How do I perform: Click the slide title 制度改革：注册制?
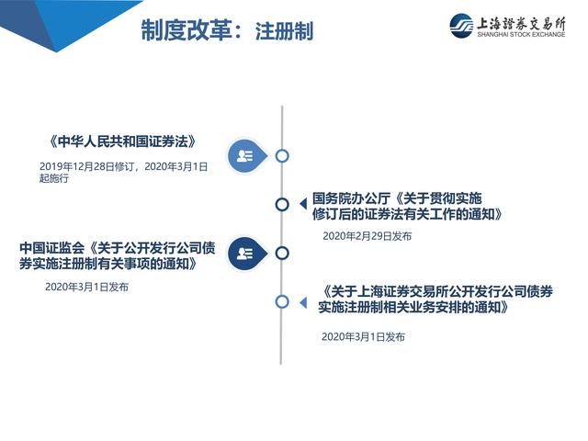click(227, 30)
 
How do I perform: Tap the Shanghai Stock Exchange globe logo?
click(461, 26)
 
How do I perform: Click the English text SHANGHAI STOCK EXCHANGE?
click(521, 34)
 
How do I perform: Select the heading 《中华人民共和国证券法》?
click(122, 141)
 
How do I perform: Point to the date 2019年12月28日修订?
click(87, 166)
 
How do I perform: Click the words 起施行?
click(54, 178)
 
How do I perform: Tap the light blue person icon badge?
click(247, 156)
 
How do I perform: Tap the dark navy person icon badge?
click(247, 254)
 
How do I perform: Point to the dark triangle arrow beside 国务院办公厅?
click(303, 204)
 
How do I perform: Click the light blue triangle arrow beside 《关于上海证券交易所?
click(303, 302)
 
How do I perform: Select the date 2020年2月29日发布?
click(367, 236)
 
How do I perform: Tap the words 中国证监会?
click(52, 248)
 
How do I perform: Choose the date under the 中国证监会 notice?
click(86, 287)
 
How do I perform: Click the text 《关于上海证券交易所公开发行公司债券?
click(437, 291)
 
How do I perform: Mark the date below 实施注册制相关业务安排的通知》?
click(363, 337)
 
